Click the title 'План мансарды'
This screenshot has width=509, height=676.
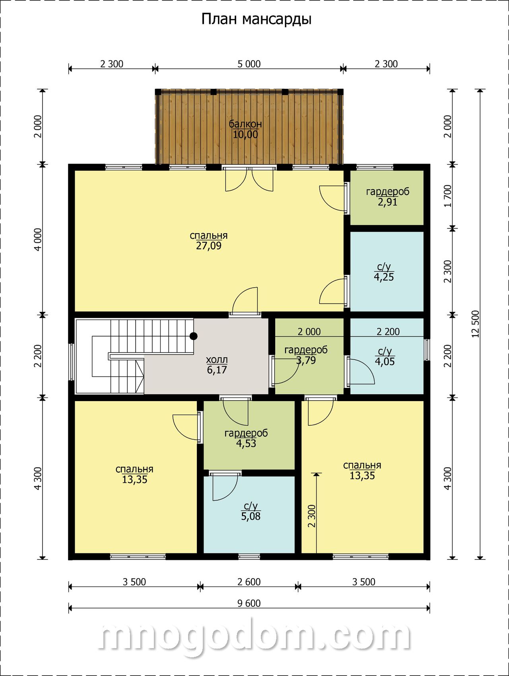256,19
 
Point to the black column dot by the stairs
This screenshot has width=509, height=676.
194,336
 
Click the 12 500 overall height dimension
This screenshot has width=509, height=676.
476,324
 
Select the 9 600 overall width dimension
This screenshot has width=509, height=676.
249,603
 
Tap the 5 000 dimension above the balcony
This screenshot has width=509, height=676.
249,64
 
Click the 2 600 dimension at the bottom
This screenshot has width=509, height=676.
249,582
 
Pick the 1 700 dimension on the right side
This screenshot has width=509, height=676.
448,196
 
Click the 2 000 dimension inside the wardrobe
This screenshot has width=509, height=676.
309,331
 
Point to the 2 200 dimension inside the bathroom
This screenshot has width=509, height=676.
388,331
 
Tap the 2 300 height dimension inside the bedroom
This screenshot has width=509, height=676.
312,516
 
